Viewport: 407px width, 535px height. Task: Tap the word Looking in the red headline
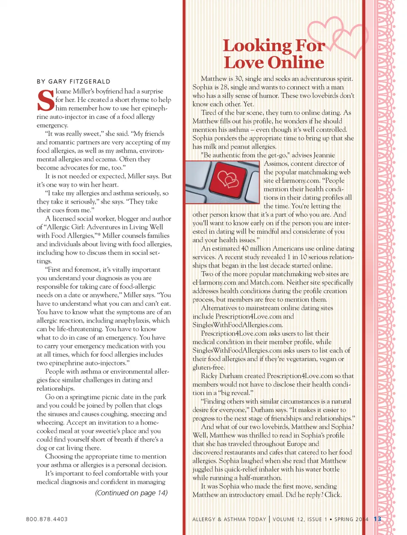pos(257,45)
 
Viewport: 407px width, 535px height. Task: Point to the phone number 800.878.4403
pos(47,519)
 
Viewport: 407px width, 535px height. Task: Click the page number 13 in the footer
pos(377,519)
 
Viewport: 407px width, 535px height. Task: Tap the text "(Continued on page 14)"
pos(131,493)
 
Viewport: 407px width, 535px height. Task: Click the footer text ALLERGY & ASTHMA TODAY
pos(229,519)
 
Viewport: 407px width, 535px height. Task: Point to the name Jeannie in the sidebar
pos(324,155)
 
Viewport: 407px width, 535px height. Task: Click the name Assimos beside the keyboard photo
pos(278,163)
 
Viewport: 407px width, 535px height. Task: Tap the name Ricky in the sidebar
pos(209,376)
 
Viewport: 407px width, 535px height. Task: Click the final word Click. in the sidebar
pos(333,495)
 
